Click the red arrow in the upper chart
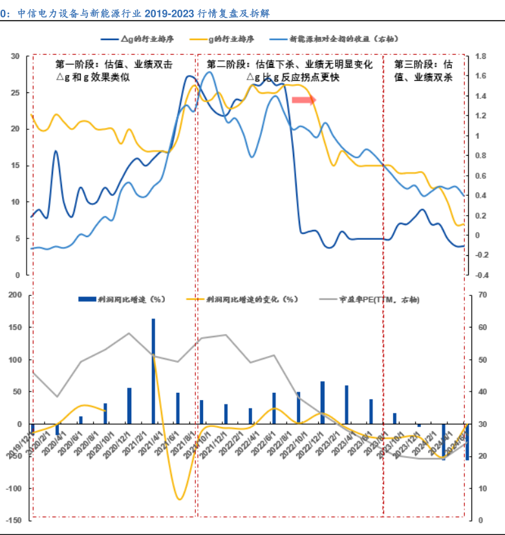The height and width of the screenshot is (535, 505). tap(303, 100)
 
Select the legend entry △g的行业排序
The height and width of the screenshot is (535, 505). tap(145, 39)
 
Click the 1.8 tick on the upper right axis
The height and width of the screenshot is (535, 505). tap(480, 56)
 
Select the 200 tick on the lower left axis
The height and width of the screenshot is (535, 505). tap(15, 295)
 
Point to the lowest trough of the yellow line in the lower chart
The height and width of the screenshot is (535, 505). tap(179, 499)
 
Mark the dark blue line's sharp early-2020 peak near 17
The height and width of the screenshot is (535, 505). tap(56, 151)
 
